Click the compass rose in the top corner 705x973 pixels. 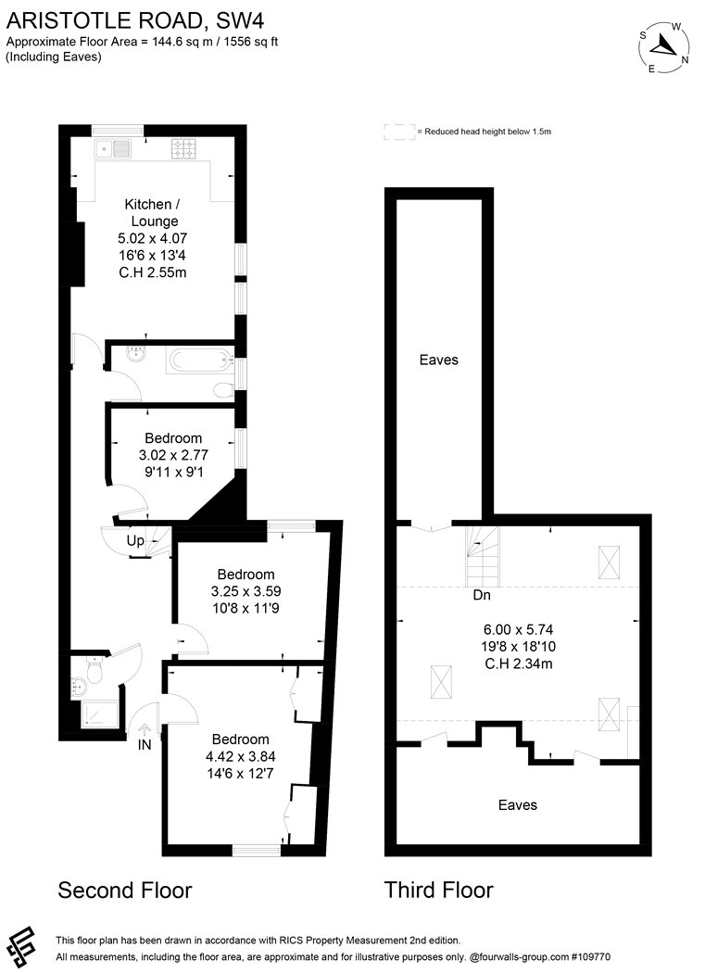click(665, 47)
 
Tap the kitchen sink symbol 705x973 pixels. click(112, 149)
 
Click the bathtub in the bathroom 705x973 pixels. click(199, 360)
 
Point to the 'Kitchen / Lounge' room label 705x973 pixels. click(153, 213)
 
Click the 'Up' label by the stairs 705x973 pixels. click(135, 540)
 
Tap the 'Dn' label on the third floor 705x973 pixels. click(482, 595)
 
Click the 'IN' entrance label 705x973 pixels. click(144, 745)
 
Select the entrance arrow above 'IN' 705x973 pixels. click(144, 730)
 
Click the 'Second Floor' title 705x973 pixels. click(125, 891)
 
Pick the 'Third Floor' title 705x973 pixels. click(439, 890)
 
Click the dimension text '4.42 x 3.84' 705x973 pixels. click(241, 756)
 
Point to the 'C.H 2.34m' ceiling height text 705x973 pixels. click(518, 663)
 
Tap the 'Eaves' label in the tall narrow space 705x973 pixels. click(439, 360)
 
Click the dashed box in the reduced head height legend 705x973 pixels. click(399, 132)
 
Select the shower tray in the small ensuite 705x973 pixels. click(99, 714)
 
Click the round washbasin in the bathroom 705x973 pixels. click(135, 354)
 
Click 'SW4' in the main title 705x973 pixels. click(240, 21)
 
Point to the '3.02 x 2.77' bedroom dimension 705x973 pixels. click(174, 455)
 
